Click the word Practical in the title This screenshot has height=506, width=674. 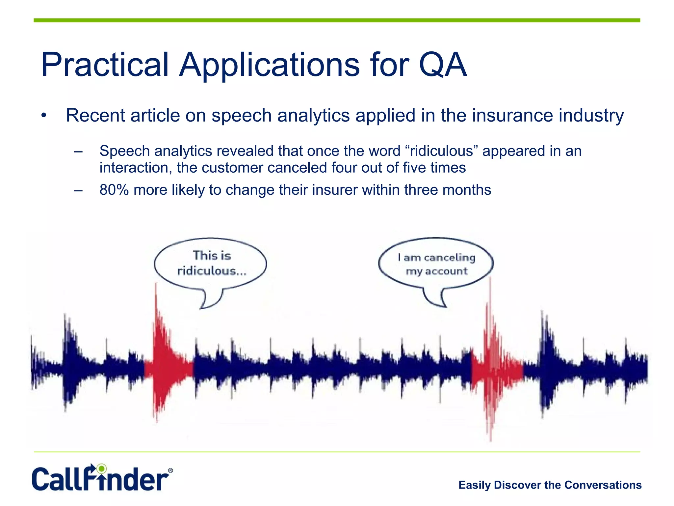[x=105, y=65]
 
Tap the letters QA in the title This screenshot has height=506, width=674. [x=443, y=65]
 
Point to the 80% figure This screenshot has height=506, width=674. [x=114, y=190]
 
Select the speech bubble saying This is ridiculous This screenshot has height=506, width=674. [x=211, y=264]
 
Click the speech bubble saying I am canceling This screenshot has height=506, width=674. [x=436, y=264]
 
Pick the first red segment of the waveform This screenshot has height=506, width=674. [x=168, y=366]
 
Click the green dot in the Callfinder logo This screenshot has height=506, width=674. [x=102, y=468]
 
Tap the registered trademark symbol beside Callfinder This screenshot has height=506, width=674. [x=170, y=471]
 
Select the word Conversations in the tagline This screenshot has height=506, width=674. [x=603, y=485]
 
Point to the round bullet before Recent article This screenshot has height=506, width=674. [x=44, y=116]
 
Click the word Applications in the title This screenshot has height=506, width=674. [x=269, y=65]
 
